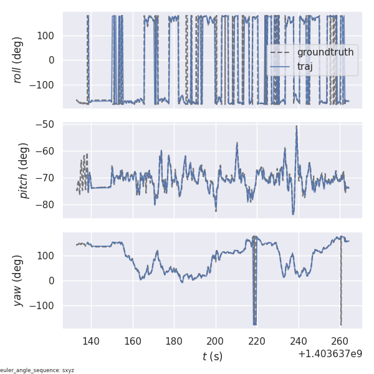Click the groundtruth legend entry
pyautogui.click(x=325, y=52)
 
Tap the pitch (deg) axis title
pyautogui.click(x=24, y=170)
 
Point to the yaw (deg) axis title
pyautogui.click(x=18, y=280)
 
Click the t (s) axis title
pyautogui.click(x=212, y=357)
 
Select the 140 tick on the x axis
pyautogui.click(x=91, y=341)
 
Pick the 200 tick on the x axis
pyautogui.click(x=216, y=341)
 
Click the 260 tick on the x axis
pyautogui.click(x=340, y=341)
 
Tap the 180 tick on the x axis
pyautogui.click(x=174, y=341)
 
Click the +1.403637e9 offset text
pyautogui.click(x=330, y=353)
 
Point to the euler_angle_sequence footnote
pyautogui.click(x=37, y=370)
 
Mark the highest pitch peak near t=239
pyautogui.click(x=297, y=127)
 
